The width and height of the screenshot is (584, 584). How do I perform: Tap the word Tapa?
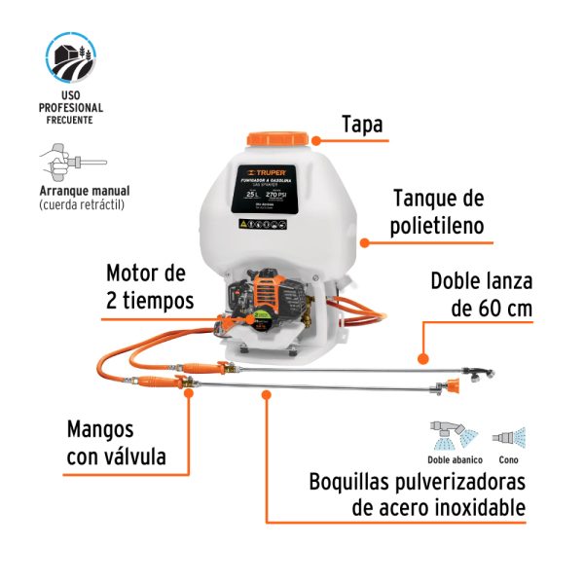pos(362,125)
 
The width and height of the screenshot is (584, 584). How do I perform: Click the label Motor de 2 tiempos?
pos(150,285)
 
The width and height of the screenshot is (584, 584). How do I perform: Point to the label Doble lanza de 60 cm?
pos(481,296)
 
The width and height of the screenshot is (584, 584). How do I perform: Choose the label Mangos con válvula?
pos(116,443)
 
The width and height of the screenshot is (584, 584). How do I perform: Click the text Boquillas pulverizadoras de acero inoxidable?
pos(418,494)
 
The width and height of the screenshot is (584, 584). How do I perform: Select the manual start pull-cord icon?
pos(68,162)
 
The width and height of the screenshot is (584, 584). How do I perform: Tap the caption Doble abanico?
pos(452,460)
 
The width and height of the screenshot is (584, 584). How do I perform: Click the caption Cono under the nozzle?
pos(508,460)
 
